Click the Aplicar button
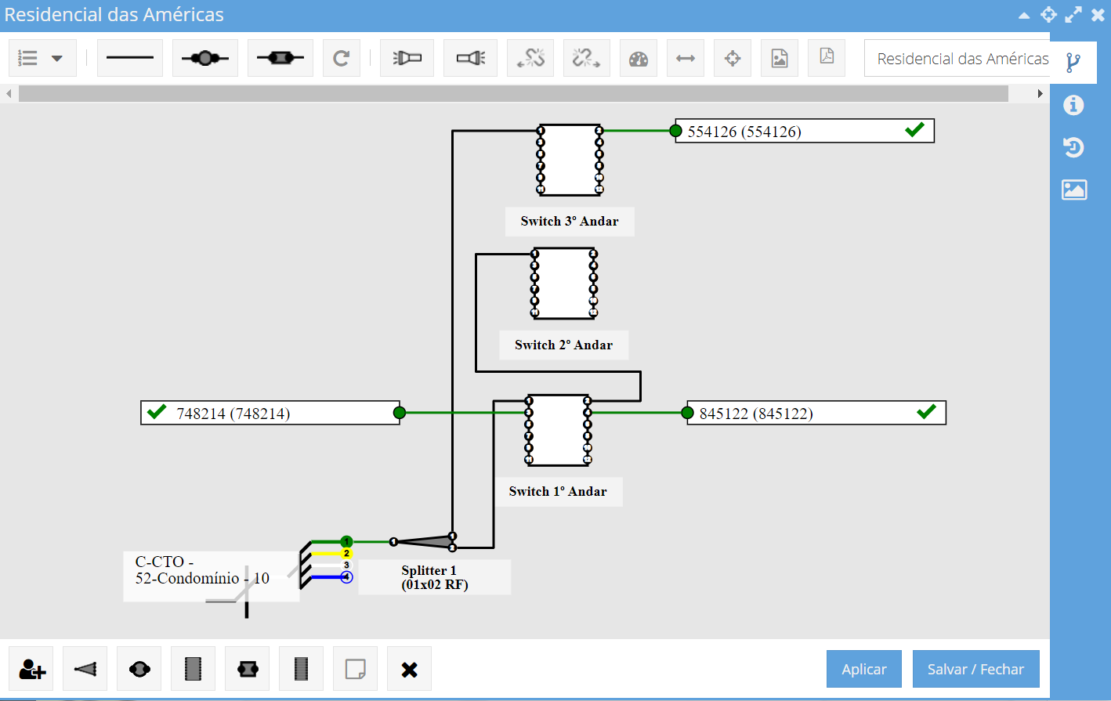coord(863,669)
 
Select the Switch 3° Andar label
coord(570,222)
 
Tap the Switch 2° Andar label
coord(563,345)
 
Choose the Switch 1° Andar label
coord(558,492)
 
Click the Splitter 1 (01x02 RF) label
coord(434,577)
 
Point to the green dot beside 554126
coord(676,131)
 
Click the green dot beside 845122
coord(687,413)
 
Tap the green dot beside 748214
coord(400,413)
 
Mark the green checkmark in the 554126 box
coord(914,129)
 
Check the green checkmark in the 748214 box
coord(157,411)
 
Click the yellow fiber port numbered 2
coord(346,554)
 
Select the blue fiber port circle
coord(346,577)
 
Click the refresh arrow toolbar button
coord(341,58)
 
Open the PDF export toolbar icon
coord(827,57)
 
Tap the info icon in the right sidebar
coord(1073,105)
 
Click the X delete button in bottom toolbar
coord(409,670)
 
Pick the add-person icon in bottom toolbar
coord(32,670)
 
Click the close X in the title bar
coord(1098,15)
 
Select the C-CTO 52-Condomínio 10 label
coord(202,570)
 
